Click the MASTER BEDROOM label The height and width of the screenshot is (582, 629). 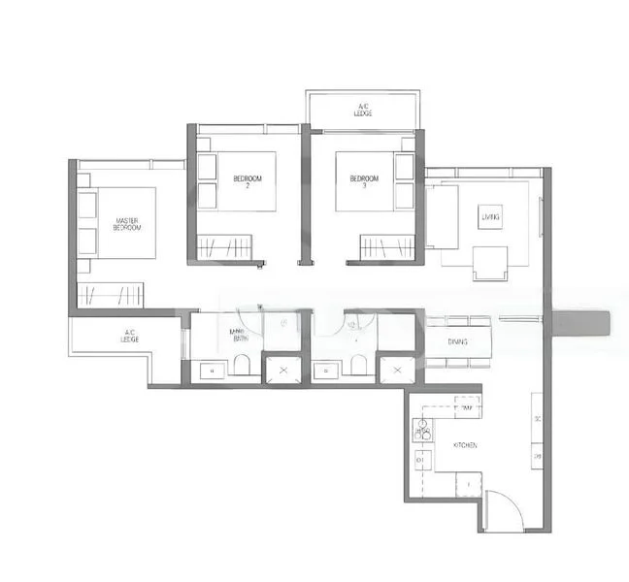coord(128,224)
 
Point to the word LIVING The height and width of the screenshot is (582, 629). coord(490,217)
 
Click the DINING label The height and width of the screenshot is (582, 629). coord(458,341)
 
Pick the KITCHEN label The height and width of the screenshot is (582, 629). coord(465,444)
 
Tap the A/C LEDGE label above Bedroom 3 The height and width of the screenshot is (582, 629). coord(364,109)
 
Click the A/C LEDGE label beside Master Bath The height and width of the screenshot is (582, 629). coord(130,337)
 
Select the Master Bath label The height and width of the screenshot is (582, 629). coord(237,336)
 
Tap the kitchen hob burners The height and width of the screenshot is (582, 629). coord(423,431)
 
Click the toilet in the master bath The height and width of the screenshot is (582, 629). coord(243,366)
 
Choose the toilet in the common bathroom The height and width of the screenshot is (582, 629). coord(357,366)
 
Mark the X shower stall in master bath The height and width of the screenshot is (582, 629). coord(283,370)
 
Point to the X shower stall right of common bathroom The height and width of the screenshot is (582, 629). coord(396,370)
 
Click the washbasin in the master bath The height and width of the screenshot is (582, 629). coord(208,370)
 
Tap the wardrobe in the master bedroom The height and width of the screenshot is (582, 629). coord(110,295)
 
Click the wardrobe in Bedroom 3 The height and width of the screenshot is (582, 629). coord(386,246)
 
